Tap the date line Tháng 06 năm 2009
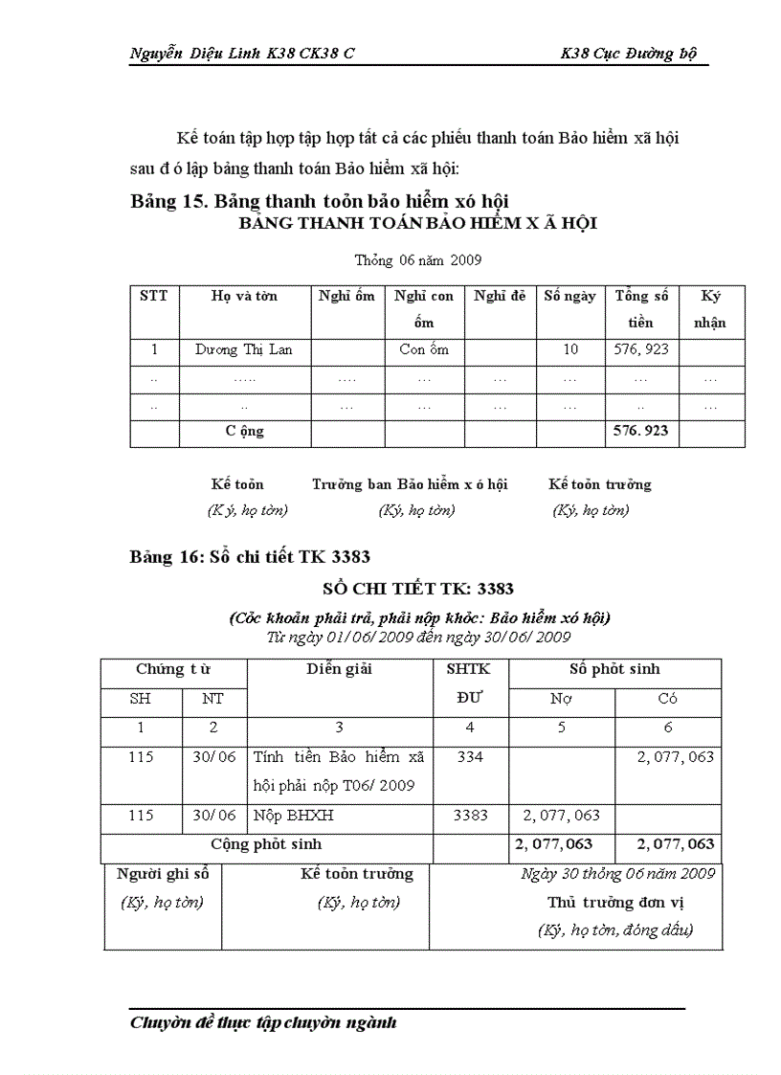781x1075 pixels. pyautogui.click(x=418, y=259)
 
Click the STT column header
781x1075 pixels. pyautogui.click(x=153, y=296)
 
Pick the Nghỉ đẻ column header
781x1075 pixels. pyautogui.click(x=500, y=296)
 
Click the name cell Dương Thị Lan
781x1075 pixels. pyautogui.click(x=244, y=349)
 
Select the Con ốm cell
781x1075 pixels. pyautogui.click(x=424, y=349)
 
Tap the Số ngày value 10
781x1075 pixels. pyautogui.click(x=570, y=349)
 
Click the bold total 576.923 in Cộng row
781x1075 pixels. pyautogui.click(x=641, y=431)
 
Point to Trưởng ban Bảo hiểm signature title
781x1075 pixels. pyautogui.click(x=410, y=484)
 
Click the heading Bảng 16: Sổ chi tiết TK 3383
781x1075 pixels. pyautogui.click(x=250, y=556)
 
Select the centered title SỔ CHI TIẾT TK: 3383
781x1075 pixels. pyautogui.click(x=418, y=589)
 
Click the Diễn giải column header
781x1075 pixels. pyautogui.click(x=339, y=669)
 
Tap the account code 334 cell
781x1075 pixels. pyautogui.click(x=470, y=757)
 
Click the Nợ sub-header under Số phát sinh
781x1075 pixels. pyautogui.click(x=561, y=699)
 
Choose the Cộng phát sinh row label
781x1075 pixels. pyautogui.click(x=266, y=844)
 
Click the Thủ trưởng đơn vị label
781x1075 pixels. pyautogui.click(x=615, y=902)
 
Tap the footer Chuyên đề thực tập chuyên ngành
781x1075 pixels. pyautogui.click(x=263, y=1023)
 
